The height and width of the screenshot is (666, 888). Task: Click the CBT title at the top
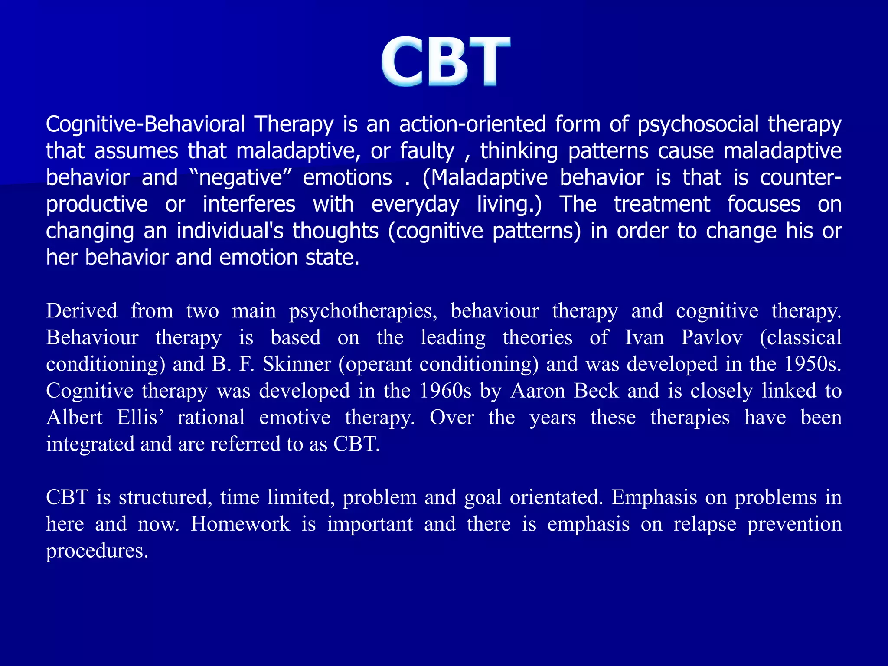pos(445,62)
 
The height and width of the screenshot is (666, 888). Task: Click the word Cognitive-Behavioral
pos(146,124)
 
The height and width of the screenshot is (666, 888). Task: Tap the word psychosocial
pos(698,124)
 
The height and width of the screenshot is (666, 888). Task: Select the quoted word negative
pos(241,178)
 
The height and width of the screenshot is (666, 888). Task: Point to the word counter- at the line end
pos(800,178)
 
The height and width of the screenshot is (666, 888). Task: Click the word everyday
pos(415,205)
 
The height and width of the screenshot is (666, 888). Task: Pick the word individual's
pos(230,231)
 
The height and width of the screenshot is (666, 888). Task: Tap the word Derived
pos(82,311)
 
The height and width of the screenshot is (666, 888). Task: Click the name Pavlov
pos(712,338)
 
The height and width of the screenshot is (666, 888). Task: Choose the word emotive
pos(295,418)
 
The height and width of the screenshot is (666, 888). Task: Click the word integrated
pos(90,444)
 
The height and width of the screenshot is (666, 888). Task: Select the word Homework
pos(240,524)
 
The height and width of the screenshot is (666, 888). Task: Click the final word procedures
pos(97,551)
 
